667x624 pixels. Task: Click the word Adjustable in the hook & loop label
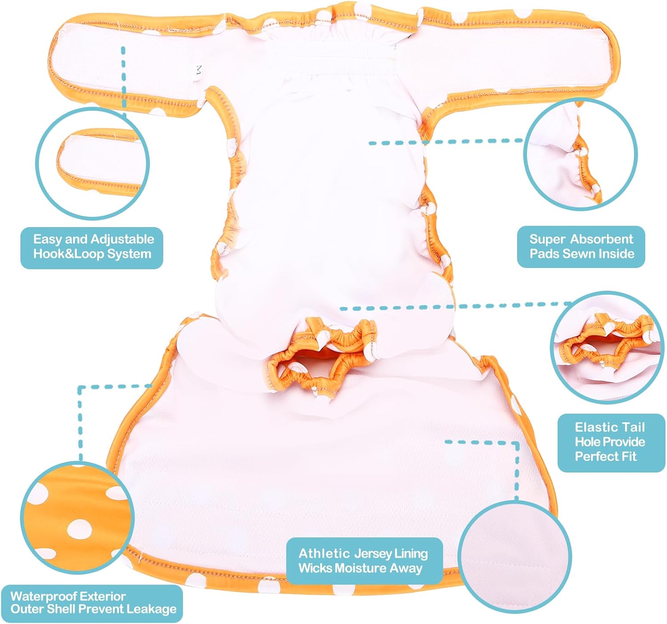(122, 240)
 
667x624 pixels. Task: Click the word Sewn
(577, 254)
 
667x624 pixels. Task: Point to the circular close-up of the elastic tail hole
(607, 348)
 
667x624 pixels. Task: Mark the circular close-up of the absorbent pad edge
(581, 155)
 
